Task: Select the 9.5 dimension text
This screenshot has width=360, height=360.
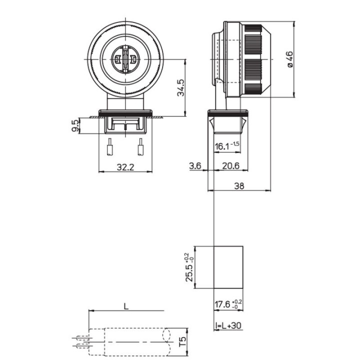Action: [75, 125]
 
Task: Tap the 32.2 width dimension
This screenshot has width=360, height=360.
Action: [125, 167]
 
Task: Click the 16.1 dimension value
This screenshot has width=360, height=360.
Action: [222, 146]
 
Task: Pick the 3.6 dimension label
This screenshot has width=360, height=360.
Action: [195, 165]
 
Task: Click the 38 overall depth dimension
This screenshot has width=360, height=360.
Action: [238, 185]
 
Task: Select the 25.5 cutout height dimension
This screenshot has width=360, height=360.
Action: [189, 267]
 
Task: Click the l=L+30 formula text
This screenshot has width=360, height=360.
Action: [228, 325]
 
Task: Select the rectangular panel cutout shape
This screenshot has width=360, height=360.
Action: [229, 267]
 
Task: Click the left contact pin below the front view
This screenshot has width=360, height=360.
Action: [109, 149]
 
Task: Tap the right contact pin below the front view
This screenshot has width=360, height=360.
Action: [141, 149]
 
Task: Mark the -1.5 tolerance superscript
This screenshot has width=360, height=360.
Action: [235, 144]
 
